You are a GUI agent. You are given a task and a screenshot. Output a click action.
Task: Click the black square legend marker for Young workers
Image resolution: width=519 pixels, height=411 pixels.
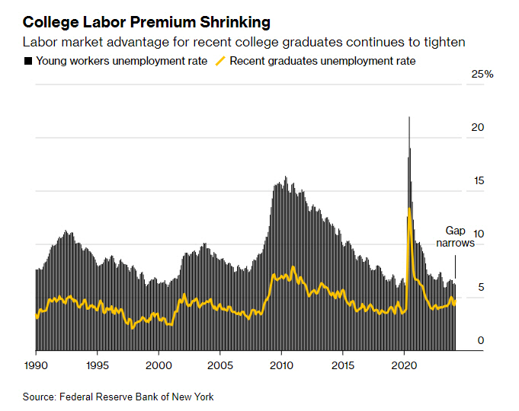click(28, 61)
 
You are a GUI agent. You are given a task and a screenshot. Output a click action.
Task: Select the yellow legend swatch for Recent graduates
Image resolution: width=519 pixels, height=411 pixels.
click(222, 61)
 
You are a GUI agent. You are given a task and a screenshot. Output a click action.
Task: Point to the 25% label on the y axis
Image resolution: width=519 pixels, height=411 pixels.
click(483, 74)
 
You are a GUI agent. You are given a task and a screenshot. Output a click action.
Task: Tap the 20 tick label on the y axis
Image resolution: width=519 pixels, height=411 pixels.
click(478, 127)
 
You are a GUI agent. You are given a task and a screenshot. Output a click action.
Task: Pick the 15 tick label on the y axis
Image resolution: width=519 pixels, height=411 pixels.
click(478, 180)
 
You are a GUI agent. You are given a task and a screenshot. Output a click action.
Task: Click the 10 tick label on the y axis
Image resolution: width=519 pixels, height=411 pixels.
click(478, 234)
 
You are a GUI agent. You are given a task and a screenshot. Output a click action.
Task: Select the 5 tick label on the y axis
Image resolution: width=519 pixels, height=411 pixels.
click(480, 287)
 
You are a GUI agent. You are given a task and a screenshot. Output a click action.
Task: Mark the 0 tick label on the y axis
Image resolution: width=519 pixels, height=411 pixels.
click(480, 340)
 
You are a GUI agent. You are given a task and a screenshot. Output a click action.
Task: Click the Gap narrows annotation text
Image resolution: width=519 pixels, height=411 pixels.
click(455, 237)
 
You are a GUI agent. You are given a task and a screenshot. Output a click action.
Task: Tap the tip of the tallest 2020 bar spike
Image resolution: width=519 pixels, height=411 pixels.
click(409, 117)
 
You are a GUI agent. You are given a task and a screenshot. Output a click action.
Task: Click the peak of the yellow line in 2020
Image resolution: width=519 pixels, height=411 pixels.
click(410, 208)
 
